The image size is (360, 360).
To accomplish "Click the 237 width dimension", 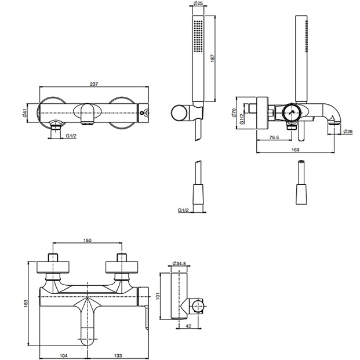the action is coord(94,84).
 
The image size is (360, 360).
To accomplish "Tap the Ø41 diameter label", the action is coord(24,112).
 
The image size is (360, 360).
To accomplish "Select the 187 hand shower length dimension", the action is coord(213,58).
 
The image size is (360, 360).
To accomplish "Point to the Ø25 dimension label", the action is coord(198,3).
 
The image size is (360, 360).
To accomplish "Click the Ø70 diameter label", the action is coord(234,112).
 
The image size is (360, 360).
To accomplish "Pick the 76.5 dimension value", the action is coord(274,137).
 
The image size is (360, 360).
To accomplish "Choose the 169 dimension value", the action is coord(295,150).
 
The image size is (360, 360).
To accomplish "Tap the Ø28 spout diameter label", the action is coord(348,132).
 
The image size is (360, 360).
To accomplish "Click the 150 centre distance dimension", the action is coord(87,240).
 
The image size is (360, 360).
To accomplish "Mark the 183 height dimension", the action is coord(26,303).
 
